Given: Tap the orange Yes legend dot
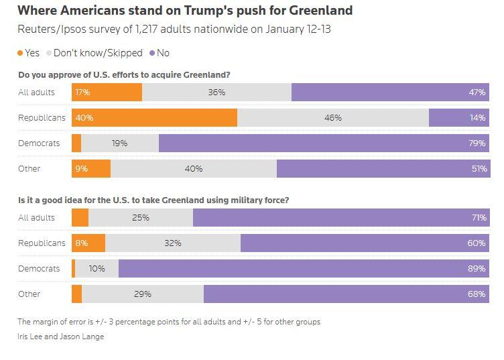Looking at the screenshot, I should (x=20, y=53).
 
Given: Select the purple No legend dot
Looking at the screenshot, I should (x=152, y=53).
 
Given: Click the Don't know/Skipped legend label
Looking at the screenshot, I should (x=97, y=53).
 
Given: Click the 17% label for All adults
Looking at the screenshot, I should (x=84, y=93).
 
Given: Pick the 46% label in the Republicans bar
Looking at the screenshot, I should (x=332, y=117).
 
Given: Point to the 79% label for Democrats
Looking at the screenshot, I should (x=477, y=143).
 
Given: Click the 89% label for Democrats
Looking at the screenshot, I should (x=477, y=268).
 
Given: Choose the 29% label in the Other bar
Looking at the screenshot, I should (x=143, y=294).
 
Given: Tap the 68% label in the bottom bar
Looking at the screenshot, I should (x=477, y=294).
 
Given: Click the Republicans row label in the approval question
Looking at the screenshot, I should (x=42, y=117).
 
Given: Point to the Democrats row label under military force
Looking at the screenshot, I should (x=39, y=268).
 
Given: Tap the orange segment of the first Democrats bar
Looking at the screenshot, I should (x=76, y=143).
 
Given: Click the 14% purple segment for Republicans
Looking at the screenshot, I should (x=459, y=117).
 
